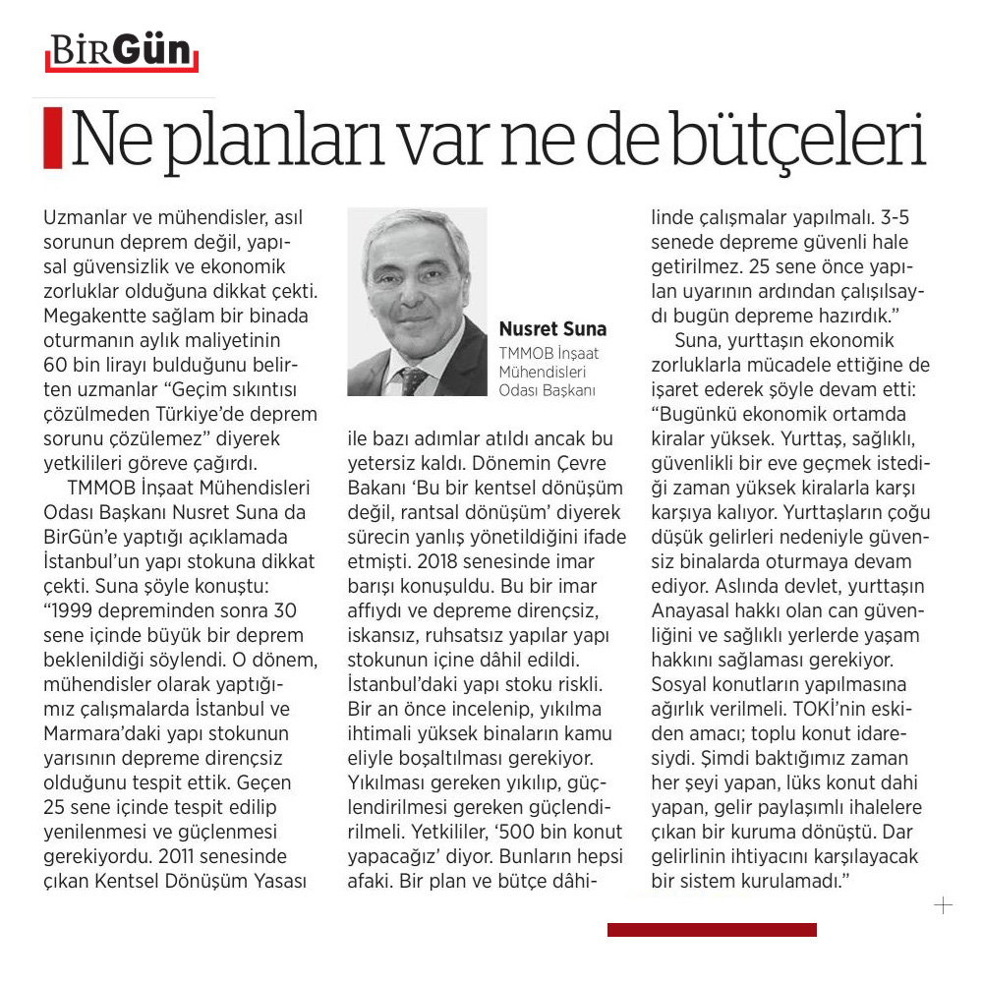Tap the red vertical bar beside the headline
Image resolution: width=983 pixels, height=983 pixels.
[52, 138]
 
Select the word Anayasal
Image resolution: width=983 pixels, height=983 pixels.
[693, 609]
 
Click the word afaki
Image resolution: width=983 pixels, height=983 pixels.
[371, 881]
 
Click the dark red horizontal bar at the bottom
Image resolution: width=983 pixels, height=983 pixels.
[712, 929]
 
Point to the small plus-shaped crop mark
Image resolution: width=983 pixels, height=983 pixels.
[943, 905]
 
